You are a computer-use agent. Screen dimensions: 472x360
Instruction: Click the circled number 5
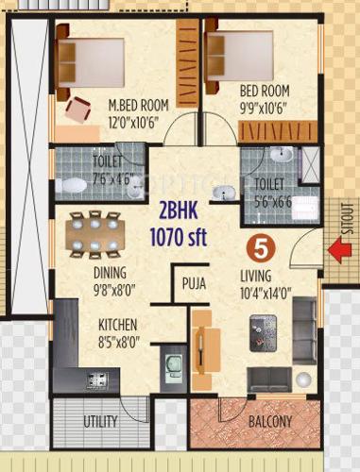[260, 249]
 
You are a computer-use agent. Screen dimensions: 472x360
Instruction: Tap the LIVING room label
[255, 276]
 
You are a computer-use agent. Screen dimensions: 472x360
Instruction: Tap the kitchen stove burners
[97, 381]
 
